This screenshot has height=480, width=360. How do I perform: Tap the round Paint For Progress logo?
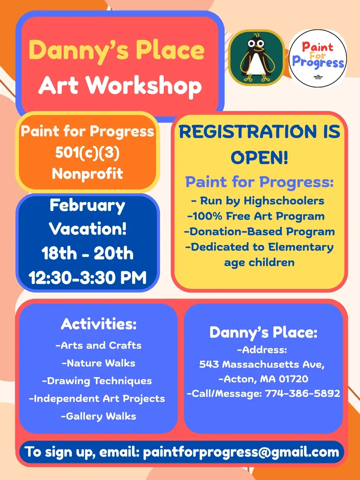pos(318,58)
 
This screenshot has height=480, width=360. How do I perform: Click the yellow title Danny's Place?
pos(117,51)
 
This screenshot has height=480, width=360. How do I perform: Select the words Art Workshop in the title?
pos(120,86)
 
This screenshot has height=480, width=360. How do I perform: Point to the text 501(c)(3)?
pos(87,152)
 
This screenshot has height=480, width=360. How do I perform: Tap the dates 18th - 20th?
pos(87,253)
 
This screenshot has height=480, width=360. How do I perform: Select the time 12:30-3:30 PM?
pos(87,278)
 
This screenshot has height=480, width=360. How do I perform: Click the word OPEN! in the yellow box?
pos(259,157)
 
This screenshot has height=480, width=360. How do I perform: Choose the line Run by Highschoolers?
pos(258,201)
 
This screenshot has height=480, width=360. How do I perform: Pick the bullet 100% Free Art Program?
pos(256,216)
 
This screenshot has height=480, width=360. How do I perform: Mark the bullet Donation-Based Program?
pos(259,232)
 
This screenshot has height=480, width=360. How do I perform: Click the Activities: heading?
pos(99,324)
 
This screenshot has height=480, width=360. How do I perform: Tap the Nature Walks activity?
pos(99,363)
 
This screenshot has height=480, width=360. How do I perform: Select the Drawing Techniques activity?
pos(97,381)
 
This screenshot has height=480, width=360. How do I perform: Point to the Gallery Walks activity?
pos(99,416)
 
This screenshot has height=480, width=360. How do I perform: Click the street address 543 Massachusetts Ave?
pos(262,364)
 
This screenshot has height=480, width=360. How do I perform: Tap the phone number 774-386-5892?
pos(302,393)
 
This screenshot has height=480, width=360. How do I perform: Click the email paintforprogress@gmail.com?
pos(241,452)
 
